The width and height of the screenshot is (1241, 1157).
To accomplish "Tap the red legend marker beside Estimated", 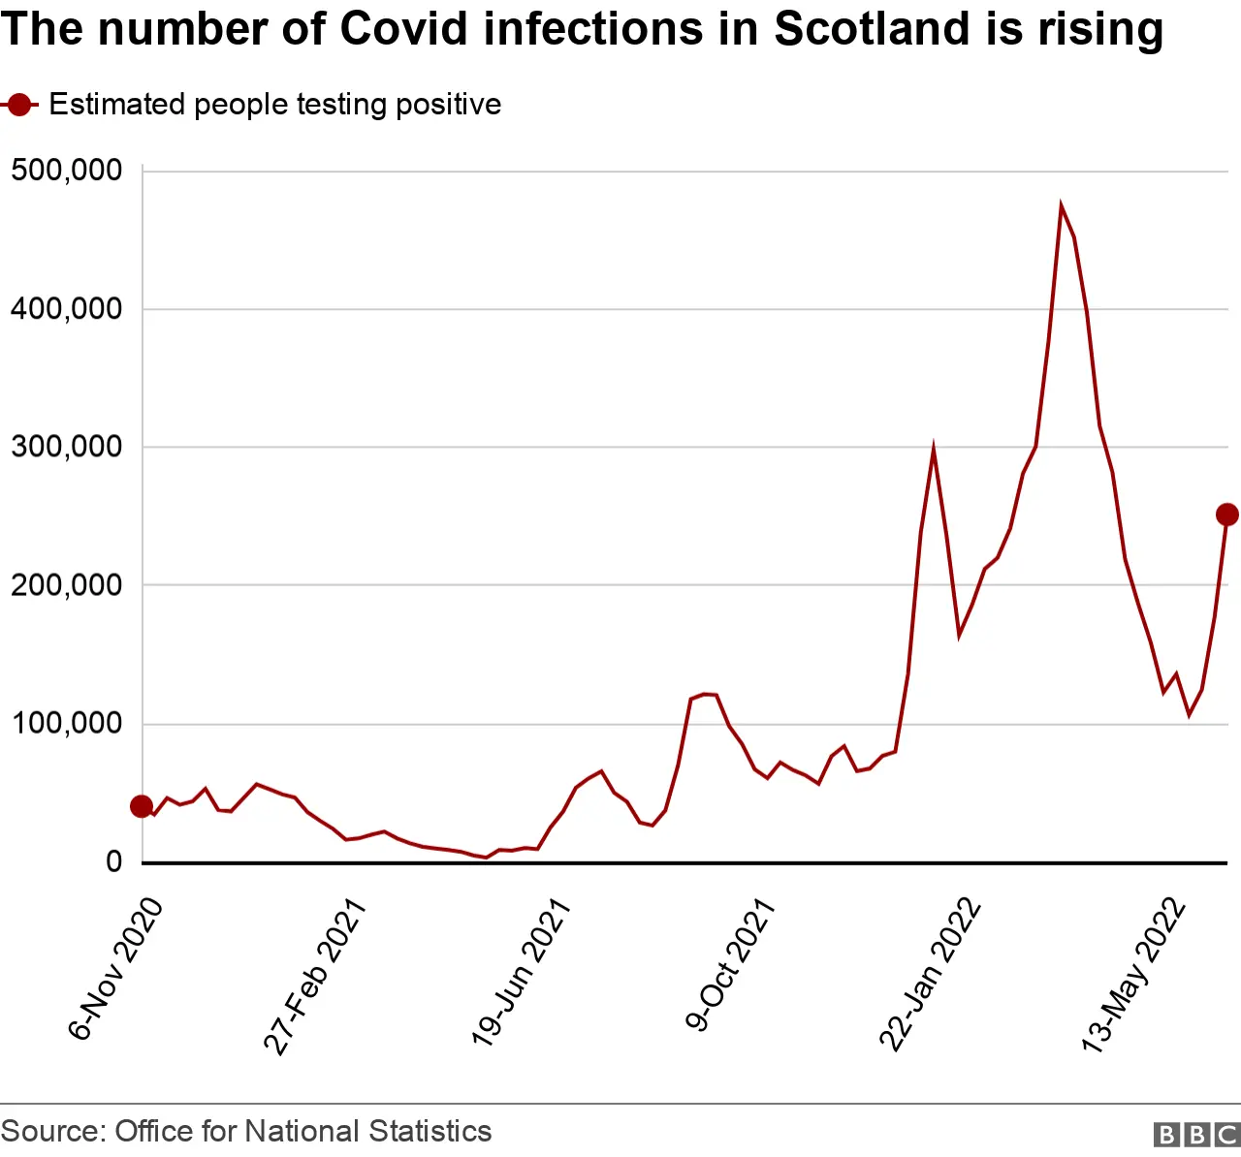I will click(x=19, y=105).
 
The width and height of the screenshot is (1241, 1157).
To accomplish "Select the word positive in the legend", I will click(x=449, y=105).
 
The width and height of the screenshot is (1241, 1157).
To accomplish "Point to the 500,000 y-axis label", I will click(x=66, y=171).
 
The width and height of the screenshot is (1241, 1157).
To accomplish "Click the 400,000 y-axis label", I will click(x=66, y=309).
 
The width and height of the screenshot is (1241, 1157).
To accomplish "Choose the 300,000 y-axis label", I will click(x=66, y=447).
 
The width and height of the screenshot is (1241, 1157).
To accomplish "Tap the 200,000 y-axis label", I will click(x=66, y=585).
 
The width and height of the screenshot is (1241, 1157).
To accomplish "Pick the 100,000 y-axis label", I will click(x=66, y=723).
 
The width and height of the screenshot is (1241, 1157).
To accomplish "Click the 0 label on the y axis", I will click(x=114, y=861).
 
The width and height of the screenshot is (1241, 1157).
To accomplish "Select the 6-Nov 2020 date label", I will click(x=115, y=968).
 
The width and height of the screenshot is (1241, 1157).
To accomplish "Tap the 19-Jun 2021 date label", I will click(x=521, y=972).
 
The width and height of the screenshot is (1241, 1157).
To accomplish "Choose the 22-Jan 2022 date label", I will click(x=931, y=975).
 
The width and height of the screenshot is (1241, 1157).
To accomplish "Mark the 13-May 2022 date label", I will click(x=1133, y=975).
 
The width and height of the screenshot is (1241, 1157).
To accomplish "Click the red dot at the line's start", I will click(x=142, y=806).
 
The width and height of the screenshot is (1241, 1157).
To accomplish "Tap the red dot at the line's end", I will click(x=1226, y=515).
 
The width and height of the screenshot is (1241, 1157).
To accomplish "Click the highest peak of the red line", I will click(x=1061, y=205).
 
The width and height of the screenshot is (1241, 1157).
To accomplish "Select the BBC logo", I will click(x=1196, y=1135).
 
